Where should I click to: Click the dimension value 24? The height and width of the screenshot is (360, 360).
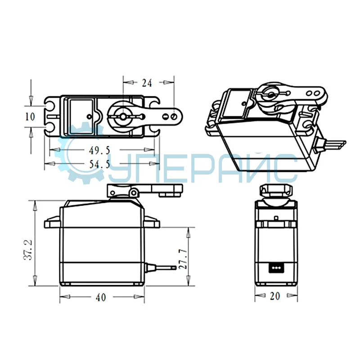[147, 83]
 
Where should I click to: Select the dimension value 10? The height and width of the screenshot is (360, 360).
[30, 117]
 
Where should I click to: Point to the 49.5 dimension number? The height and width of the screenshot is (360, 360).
[99, 150]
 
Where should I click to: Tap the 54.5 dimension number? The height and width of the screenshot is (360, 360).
[99, 164]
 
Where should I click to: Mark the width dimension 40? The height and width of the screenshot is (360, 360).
[102, 297]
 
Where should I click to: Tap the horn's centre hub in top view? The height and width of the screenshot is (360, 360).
[122, 116]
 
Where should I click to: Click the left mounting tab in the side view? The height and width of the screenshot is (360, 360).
[53, 222]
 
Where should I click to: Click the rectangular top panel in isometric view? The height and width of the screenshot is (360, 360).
[238, 103]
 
